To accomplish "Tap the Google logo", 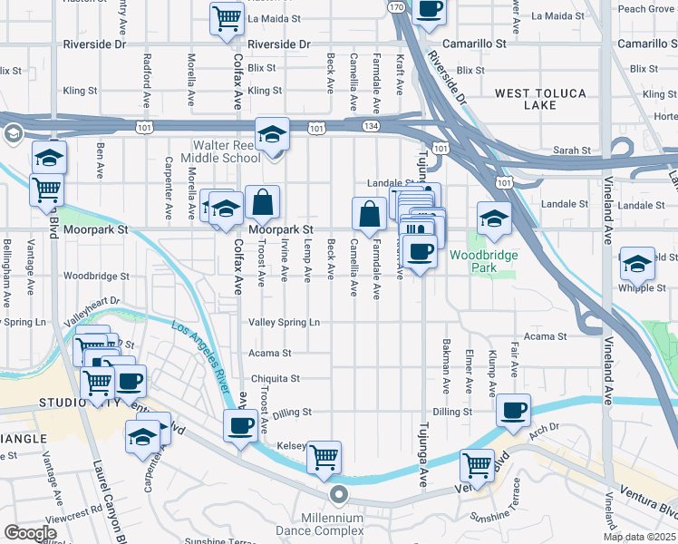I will click(x=30, y=533).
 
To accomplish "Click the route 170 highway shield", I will click(x=395, y=7).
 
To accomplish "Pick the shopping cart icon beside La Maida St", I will click(x=226, y=18).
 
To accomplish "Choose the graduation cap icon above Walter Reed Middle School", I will click(x=271, y=133).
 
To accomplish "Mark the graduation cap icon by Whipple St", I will click(x=637, y=262).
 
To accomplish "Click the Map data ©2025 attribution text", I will click(x=640, y=537).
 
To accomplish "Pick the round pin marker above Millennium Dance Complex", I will click(x=339, y=494).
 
